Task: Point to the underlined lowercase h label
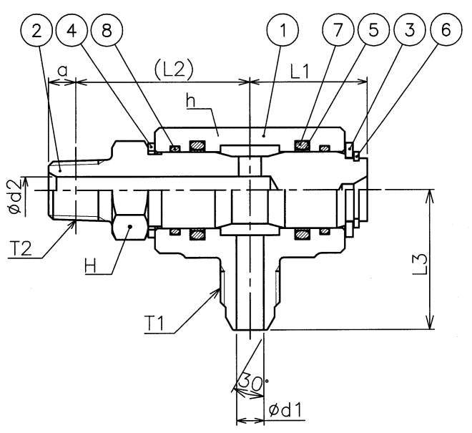(x=190, y=101)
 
